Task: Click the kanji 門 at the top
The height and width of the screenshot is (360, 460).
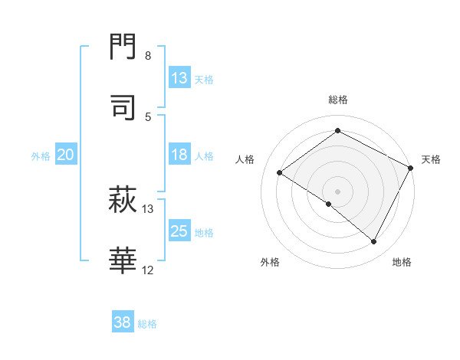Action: pyautogui.click(x=123, y=47)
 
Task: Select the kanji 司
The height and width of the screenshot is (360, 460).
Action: pyautogui.click(x=123, y=107)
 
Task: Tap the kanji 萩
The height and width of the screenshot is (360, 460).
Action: pyautogui.click(x=123, y=201)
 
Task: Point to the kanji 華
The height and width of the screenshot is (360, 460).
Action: pyautogui.click(x=123, y=261)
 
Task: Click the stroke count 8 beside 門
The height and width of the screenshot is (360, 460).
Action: pyautogui.click(x=148, y=56)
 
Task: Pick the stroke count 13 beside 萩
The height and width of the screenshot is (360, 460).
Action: pyautogui.click(x=148, y=208)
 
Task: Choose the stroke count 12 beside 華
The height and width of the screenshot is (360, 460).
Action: pyautogui.click(x=148, y=270)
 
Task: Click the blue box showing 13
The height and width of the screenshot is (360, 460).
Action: pyautogui.click(x=179, y=78)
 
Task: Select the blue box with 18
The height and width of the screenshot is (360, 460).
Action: pyautogui.click(x=179, y=155)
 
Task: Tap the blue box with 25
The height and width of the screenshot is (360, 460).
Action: pyautogui.click(x=179, y=231)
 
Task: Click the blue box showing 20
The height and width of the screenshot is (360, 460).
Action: pyautogui.click(x=66, y=155)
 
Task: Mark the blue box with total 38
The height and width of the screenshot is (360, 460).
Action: pyautogui.click(x=123, y=322)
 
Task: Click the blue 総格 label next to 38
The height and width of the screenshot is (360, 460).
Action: pyautogui.click(x=147, y=323)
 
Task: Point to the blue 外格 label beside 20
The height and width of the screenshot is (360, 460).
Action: pyautogui.click(x=41, y=155)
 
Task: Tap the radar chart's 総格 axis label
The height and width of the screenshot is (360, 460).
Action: pyautogui.click(x=338, y=100)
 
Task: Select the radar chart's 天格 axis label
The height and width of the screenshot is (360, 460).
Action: pyautogui.click(x=431, y=159)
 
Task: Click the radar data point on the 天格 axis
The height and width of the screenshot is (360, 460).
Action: pyautogui.click(x=411, y=168)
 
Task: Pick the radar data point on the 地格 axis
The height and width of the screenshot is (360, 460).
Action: pyautogui.click(x=374, y=242)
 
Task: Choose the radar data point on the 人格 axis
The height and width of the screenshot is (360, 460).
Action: pyautogui.click(x=280, y=172)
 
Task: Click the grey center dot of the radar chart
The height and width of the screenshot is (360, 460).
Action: pyautogui.click(x=338, y=191)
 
